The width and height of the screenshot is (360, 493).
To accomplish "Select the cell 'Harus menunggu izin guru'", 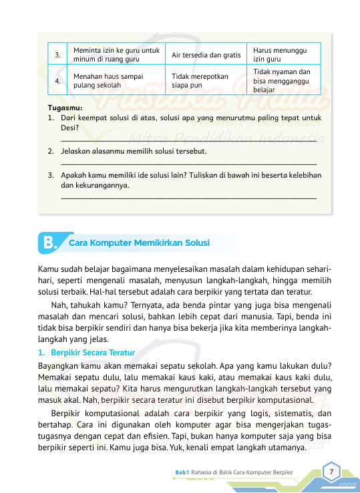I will pos(283,54).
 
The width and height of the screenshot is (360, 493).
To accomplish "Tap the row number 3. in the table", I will pos(58,54).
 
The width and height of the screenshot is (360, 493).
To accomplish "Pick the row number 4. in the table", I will pos(58,81).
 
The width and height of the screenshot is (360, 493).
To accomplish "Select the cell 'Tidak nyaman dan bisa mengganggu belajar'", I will pos(283,81).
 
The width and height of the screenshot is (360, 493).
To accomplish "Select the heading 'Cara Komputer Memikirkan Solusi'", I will pos(140,242).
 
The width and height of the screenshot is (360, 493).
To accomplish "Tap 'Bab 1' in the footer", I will pos(182,472).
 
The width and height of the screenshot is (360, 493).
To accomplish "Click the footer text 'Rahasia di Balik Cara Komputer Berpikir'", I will pos(242,472).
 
